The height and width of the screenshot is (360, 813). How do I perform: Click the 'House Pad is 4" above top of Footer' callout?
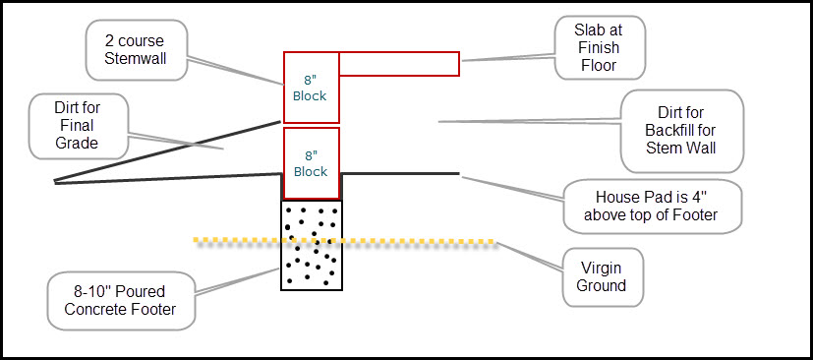tap(651, 205)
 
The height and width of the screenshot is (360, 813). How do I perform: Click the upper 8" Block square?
tap(311, 90)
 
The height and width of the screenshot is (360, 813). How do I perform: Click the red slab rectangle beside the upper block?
tap(399, 64)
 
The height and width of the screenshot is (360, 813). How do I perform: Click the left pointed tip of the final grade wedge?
tap(56, 182)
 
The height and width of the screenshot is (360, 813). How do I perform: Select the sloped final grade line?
tap(167, 151)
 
